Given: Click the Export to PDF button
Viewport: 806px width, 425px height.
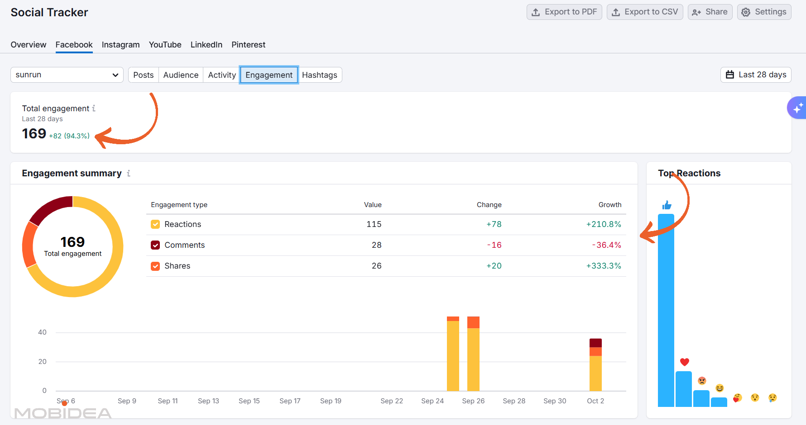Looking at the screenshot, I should (564, 12).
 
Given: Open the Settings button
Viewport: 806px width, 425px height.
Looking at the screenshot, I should (764, 12).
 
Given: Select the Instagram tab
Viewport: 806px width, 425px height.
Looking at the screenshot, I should (120, 45).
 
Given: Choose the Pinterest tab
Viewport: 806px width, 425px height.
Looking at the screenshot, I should (248, 45).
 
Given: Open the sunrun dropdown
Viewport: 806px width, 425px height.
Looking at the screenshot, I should (67, 75).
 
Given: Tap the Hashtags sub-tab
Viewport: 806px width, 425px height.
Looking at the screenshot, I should (320, 75).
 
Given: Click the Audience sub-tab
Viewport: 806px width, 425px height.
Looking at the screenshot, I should (181, 75).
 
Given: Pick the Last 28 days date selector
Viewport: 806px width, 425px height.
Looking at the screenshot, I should (756, 75).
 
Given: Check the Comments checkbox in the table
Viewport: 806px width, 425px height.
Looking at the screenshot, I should (155, 245).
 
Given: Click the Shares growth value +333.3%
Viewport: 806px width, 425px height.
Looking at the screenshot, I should (604, 266).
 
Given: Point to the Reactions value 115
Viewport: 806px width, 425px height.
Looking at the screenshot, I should (374, 224).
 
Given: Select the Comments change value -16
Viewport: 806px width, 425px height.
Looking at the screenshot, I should (494, 245).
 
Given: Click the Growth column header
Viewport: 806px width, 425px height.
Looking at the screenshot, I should (610, 205).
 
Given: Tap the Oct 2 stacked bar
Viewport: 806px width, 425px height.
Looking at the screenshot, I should (595, 365).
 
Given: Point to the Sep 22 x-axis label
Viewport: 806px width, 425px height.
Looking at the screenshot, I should (392, 401).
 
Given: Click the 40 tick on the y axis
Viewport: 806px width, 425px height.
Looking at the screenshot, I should (42, 332).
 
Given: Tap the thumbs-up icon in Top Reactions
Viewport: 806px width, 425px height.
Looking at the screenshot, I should (667, 205).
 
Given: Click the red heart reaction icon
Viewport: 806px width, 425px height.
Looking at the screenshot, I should (684, 362).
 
